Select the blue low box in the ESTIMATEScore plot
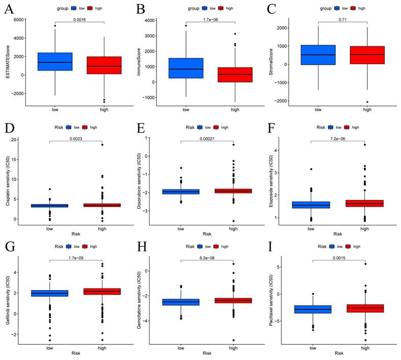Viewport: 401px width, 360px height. [x=55, y=61]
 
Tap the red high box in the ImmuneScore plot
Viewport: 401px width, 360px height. [x=234, y=74]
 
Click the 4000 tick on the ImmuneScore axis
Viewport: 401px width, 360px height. [x=148, y=20]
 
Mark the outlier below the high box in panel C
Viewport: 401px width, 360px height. [x=367, y=102]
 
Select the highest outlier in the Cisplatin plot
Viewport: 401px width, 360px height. [x=102, y=145]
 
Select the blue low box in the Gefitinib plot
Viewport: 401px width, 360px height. [x=50, y=293]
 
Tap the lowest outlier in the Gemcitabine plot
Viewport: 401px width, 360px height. [x=233, y=340]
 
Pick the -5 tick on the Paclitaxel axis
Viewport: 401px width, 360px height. [x=277, y=321]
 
